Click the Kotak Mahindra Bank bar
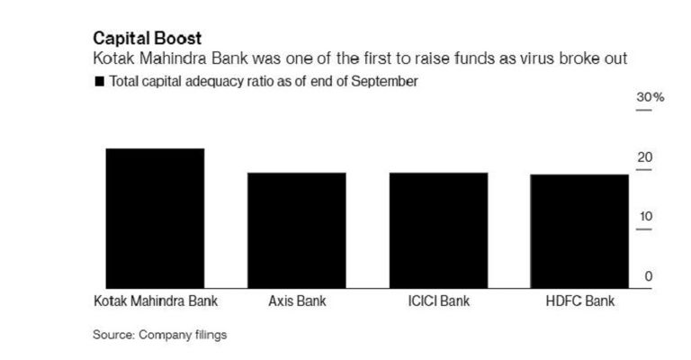(x=156, y=219)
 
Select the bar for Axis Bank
(x=297, y=230)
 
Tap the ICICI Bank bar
(x=438, y=230)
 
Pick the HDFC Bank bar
(x=579, y=231)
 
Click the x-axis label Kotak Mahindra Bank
(x=156, y=301)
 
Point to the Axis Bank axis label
(x=297, y=301)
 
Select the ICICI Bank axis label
(x=438, y=301)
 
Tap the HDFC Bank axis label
(x=579, y=301)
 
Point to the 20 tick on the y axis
(x=645, y=157)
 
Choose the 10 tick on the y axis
(x=645, y=217)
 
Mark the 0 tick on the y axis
(x=648, y=276)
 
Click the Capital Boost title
(x=148, y=39)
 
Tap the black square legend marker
(x=98, y=82)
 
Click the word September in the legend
(x=388, y=82)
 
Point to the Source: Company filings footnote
(x=159, y=335)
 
